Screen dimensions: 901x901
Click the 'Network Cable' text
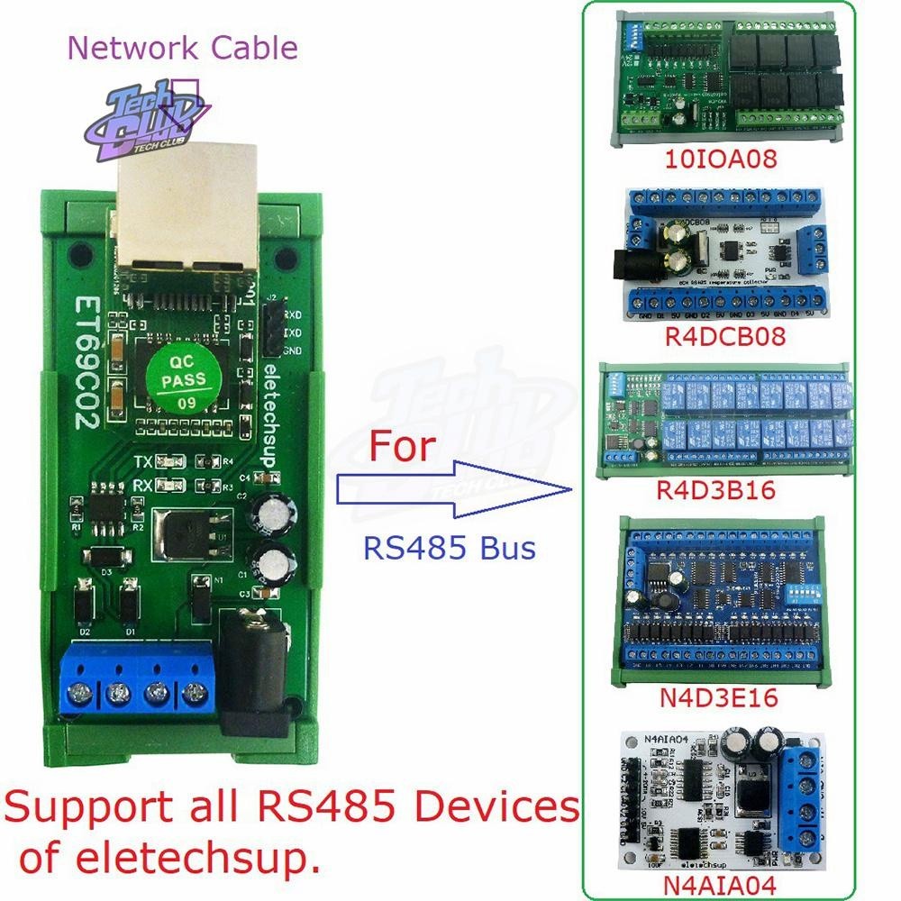tap(183, 47)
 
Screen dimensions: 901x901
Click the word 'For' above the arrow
tap(400, 446)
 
